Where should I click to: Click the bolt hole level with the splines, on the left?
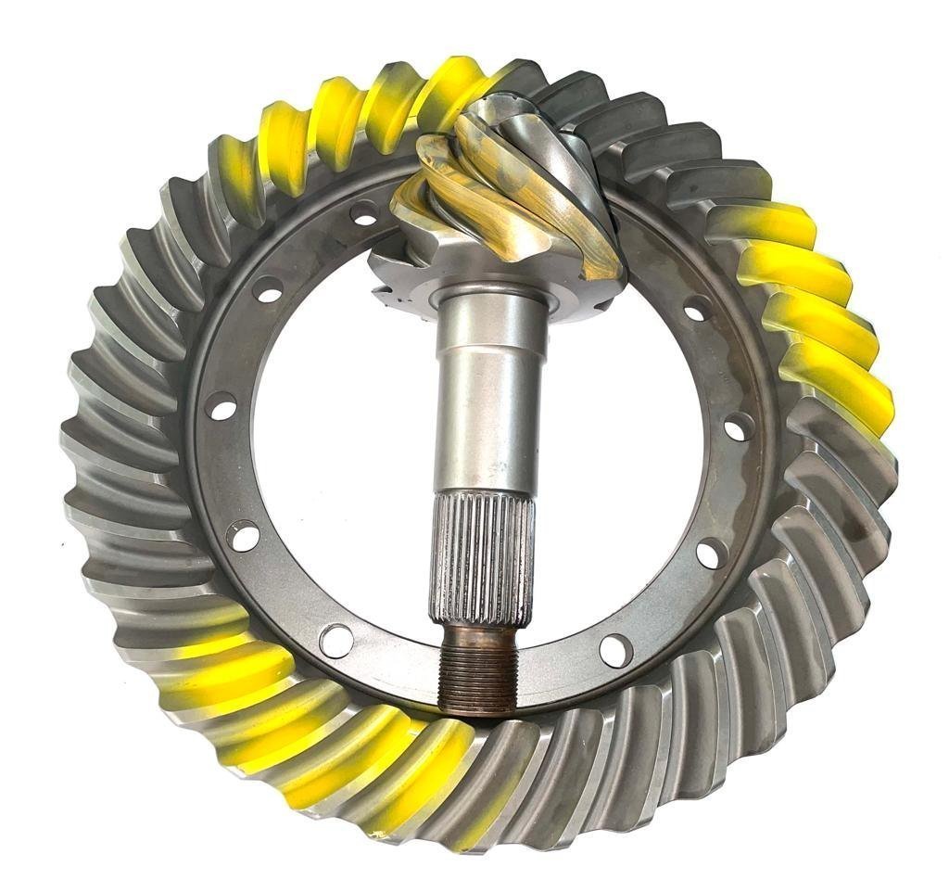coord(243,536)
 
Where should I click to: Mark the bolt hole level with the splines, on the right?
coord(711,554)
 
